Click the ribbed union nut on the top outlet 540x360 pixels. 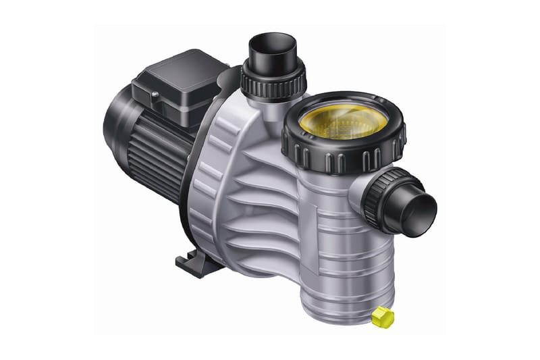click(273, 82)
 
